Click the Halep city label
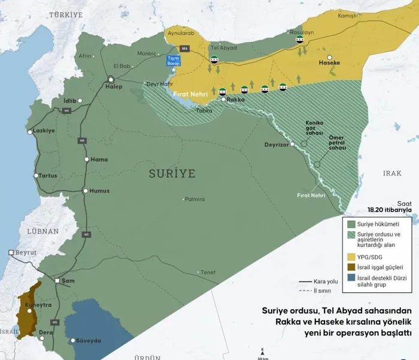tap(114, 87)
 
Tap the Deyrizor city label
tap(277, 145)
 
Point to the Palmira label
tap(195, 199)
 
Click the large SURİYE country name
tap(172, 174)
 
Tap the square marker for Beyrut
tap(11, 253)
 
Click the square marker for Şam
tap(57, 280)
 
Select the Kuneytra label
tap(38, 305)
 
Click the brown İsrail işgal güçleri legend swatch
tap(350, 267)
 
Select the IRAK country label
tap(392, 173)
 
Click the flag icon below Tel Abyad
tap(214, 60)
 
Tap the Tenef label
tap(208, 272)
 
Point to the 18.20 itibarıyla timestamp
tap(390, 210)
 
